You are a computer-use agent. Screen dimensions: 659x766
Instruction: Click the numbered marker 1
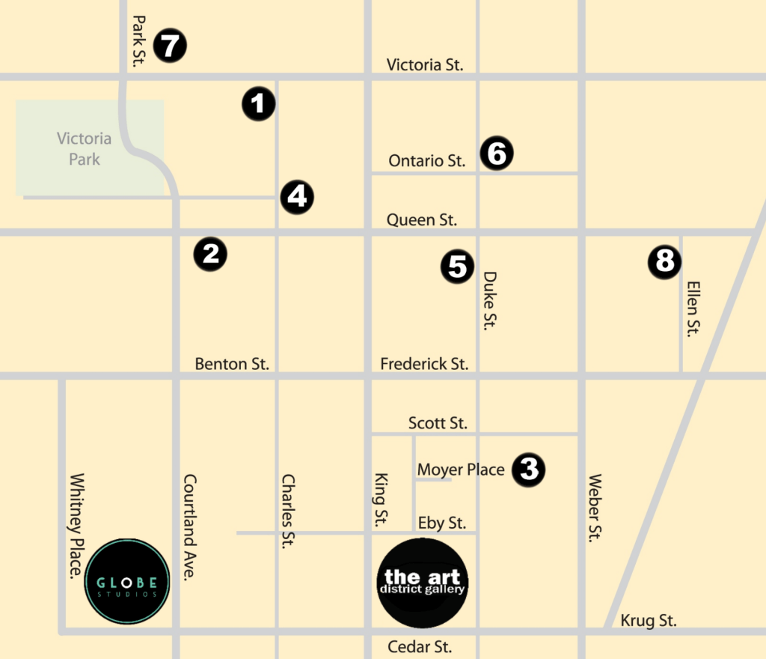[259, 103]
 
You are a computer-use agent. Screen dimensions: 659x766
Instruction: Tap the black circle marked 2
[210, 254]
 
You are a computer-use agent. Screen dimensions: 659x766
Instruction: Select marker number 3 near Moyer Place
[529, 470]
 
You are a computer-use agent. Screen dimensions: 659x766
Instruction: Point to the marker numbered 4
[297, 197]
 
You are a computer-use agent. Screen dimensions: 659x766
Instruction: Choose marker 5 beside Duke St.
[458, 266]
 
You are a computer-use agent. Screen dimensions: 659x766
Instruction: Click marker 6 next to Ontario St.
[497, 154]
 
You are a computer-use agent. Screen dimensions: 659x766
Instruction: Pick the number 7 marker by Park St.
[170, 46]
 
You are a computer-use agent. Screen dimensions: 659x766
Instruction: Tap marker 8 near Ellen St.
[664, 262]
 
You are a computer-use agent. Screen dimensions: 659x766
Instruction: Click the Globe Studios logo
[127, 581]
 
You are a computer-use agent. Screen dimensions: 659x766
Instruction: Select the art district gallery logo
[424, 583]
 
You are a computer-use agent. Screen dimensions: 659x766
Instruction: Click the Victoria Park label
[85, 148]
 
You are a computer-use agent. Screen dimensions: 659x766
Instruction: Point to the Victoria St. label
[425, 65]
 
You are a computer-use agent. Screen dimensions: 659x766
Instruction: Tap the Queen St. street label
[421, 220]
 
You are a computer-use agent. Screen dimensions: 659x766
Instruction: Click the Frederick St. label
[424, 364]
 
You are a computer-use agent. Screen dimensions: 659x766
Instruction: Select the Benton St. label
[232, 364]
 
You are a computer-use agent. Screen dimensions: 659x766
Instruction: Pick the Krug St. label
[649, 621]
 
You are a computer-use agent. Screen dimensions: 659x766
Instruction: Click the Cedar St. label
[420, 647]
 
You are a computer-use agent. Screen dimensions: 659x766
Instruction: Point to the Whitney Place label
[76, 525]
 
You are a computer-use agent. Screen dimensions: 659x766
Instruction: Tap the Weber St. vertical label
[595, 507]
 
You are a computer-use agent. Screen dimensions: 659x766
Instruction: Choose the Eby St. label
[441, 523]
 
